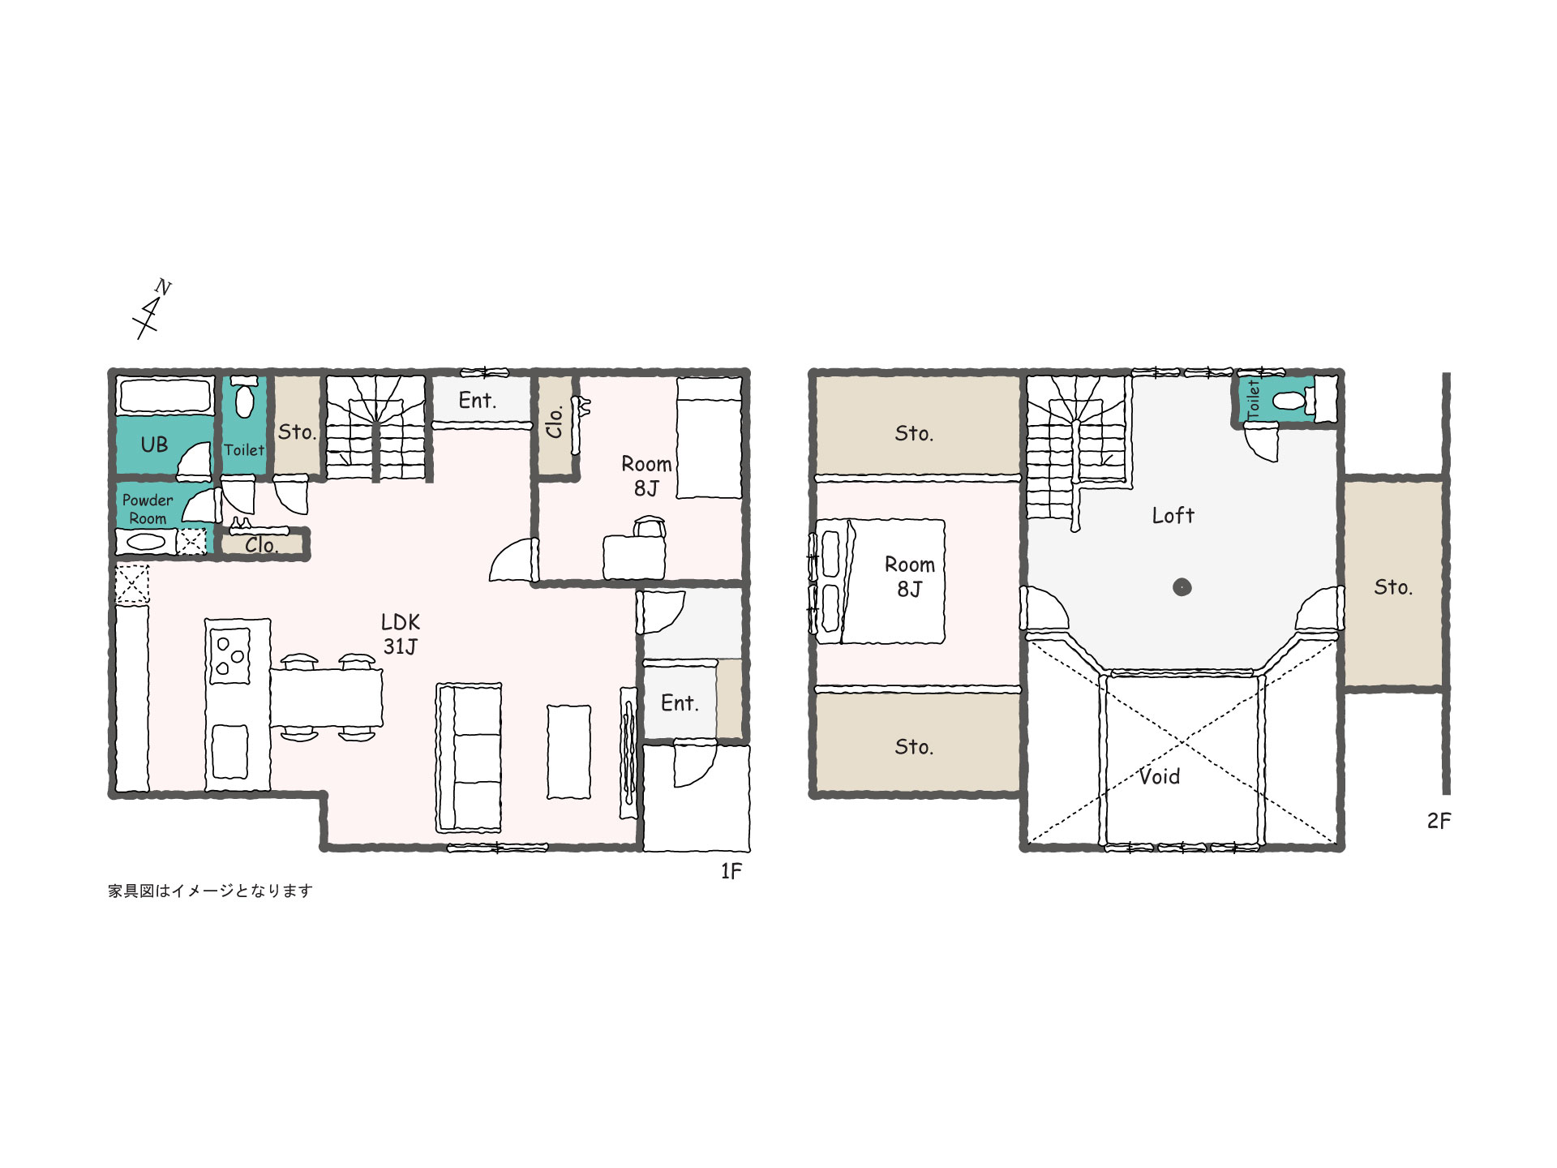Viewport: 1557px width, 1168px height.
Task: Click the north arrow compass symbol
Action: (x=152, y=309)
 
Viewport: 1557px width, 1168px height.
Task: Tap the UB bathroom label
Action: (x=154, y=444)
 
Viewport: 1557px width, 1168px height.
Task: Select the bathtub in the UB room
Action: (x=165, y=396)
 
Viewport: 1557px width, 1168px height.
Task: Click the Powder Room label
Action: (x=148, y=509)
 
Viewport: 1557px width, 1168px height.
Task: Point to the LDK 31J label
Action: (x=401, y=634)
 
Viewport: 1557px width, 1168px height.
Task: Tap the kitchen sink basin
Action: (x=229, y=752)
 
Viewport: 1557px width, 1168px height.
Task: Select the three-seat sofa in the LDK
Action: (x=469, y=758)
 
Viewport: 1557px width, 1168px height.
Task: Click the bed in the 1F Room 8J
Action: (x=709, y=437)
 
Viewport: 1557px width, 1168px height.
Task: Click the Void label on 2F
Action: (x=1160, y=777)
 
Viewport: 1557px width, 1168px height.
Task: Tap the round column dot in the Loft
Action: (x=1182, y=586)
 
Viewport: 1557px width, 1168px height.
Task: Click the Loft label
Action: (x=1173, y=515)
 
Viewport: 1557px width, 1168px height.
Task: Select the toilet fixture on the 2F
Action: (x=1289, y=401)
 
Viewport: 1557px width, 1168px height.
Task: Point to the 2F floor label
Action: (x=1439, y=821)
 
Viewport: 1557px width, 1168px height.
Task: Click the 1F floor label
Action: (x=731, y=871)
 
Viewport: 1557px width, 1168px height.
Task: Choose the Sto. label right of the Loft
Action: (x=1393, y=586)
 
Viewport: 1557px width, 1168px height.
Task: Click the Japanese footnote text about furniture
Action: (x=210, y=891)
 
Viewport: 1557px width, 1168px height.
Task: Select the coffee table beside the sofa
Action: (x=569, y=752)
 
